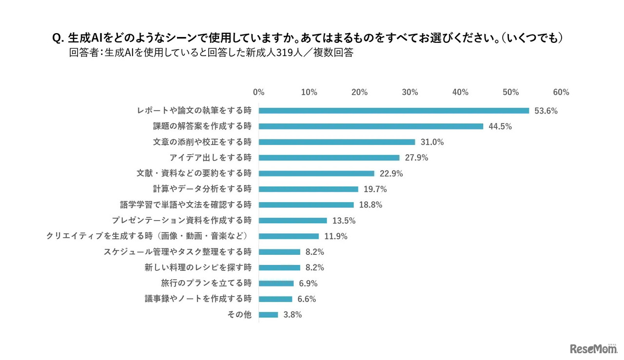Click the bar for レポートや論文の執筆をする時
tap(393, 111)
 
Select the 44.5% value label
tap(500, 126)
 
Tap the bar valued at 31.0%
tap(337, 142)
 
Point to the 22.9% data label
tap(391, 173)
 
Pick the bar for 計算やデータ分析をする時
tap(308, 189)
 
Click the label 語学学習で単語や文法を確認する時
tap(186, 205)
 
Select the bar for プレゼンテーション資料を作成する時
tap(292, 220)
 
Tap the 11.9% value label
tap(336, 236)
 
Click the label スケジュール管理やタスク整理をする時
tap(177, 252)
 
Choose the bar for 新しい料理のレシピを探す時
tap(279, 267)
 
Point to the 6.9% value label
tap(308, 283)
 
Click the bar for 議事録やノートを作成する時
tap(275, 299)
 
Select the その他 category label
tap(239, 315)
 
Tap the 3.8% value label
tap(292, 315)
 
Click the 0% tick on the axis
tap(259, 93)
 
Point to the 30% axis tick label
tap(410, 93)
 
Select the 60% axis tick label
tap(561, 93)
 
